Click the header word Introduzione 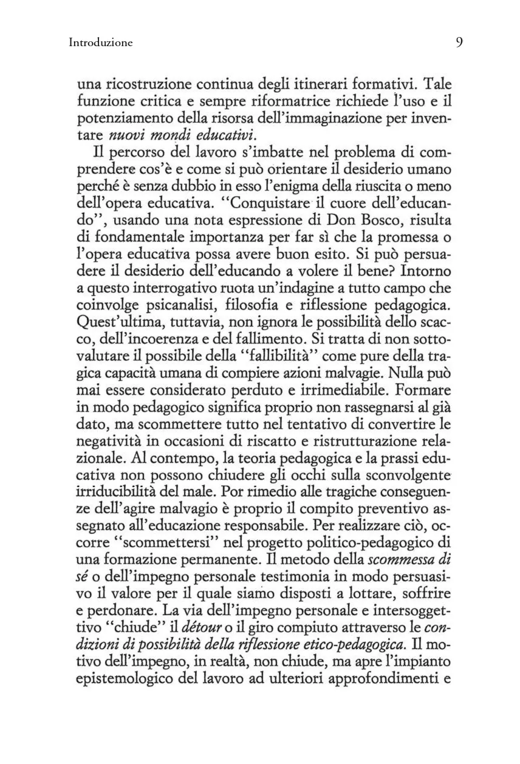(101, 43)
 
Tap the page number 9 (459, 42)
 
